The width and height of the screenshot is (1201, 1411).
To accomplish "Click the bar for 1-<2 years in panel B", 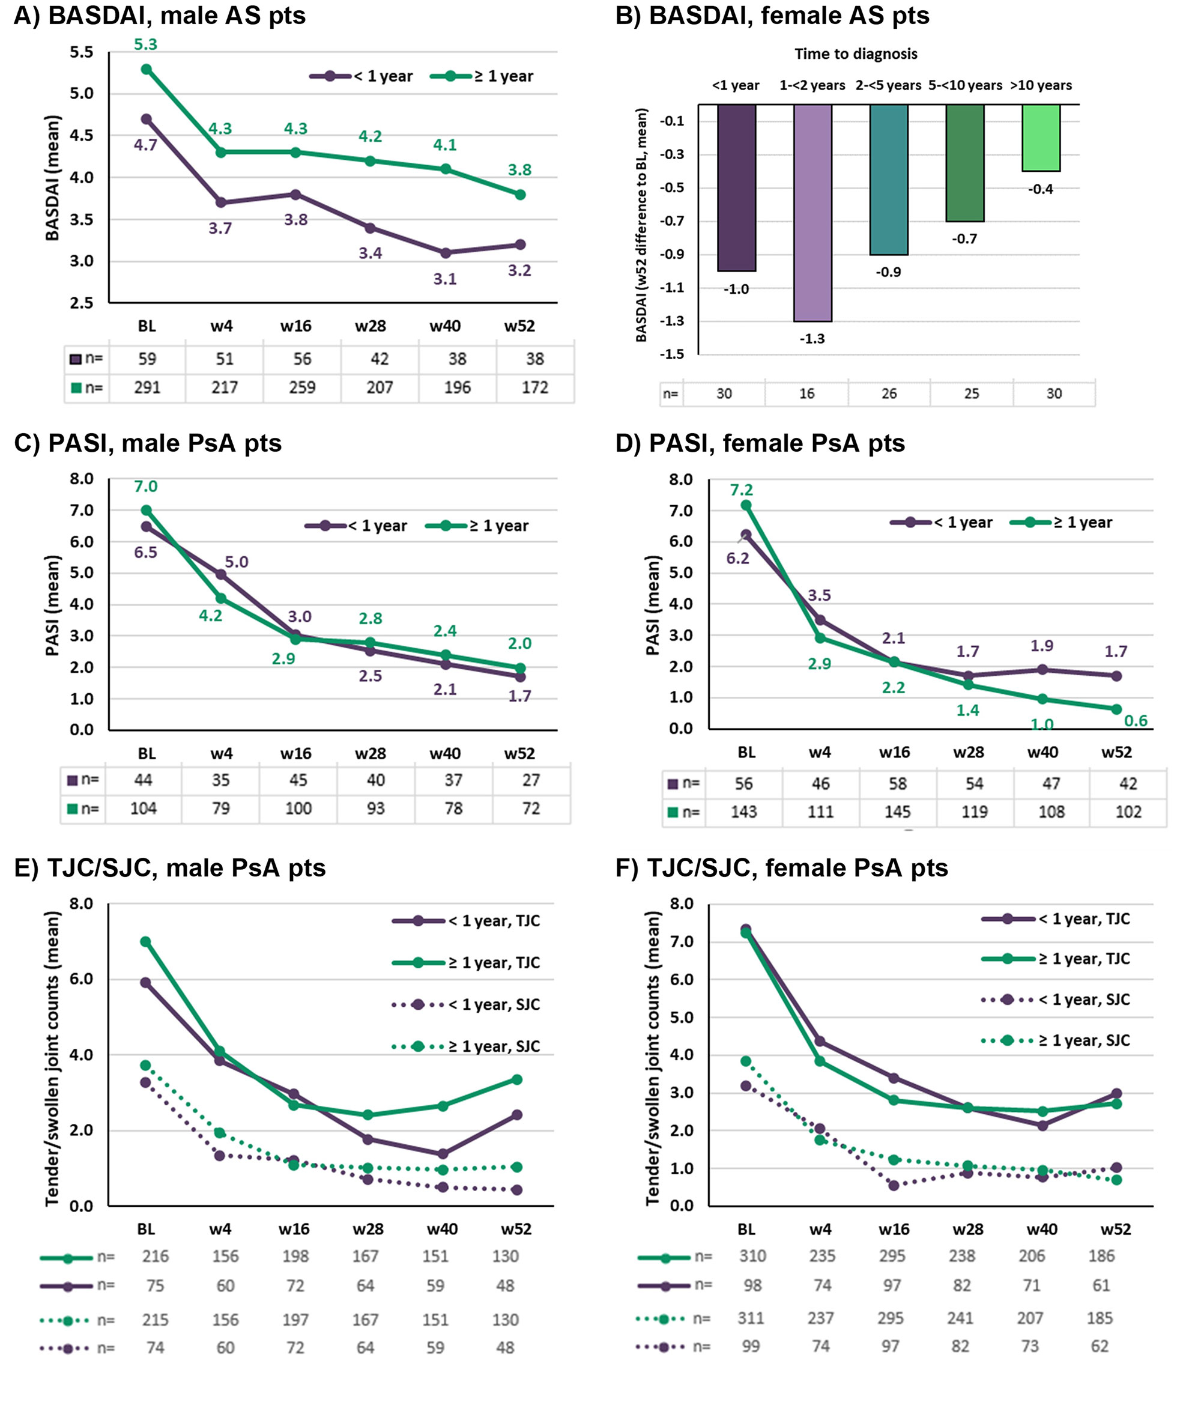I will [812, 213].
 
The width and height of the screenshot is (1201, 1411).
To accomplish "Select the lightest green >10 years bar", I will [1041, 138].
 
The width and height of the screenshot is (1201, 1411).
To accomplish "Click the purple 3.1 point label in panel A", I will [444, 279].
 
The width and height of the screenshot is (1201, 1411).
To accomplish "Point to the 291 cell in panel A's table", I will [147, 387].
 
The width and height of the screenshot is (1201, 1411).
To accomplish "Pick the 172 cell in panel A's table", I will [534, 387].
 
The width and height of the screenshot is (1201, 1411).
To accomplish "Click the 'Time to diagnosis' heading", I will [855, 54].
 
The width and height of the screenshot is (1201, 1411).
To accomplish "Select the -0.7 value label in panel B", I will [964, 239].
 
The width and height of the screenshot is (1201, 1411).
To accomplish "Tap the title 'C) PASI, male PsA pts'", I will [148, 443].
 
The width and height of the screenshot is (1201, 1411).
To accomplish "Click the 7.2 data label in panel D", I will [742, 490].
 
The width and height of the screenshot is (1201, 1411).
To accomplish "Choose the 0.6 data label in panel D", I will [1136, 720].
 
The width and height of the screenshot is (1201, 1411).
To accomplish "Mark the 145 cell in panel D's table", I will [897, 812].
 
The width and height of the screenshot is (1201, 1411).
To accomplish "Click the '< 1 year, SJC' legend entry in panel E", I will [467, 1004].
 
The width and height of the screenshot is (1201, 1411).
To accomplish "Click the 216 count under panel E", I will [156, 1257].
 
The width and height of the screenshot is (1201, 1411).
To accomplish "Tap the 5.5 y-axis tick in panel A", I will [82, 52].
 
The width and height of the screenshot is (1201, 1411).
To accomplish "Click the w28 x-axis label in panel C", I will [370, 754].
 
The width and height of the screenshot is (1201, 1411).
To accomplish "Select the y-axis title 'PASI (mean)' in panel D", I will [653, 605].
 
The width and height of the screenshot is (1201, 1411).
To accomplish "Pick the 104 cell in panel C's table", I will [143, 809].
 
